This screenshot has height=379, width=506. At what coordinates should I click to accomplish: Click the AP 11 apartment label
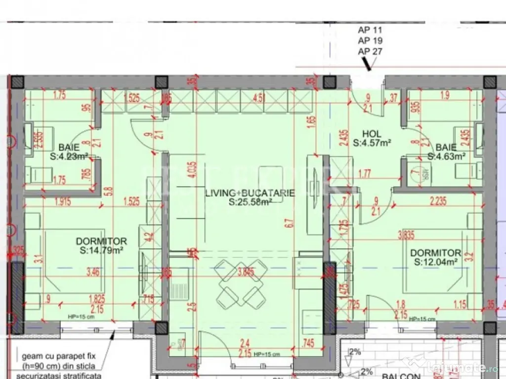click(x=370, y=30)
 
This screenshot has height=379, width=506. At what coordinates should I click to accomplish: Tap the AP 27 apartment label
click(x=370, y=51)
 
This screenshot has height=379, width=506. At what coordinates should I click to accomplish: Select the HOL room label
click(x=372, y=134)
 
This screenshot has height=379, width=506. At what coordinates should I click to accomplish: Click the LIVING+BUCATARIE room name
click(x=250, y=193)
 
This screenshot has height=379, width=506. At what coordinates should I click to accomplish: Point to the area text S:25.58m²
click(x=250, y=202)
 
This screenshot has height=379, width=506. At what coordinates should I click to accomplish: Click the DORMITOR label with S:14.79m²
click(x=101, y=241)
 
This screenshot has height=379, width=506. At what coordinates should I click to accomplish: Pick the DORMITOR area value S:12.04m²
click(x=436, y=261)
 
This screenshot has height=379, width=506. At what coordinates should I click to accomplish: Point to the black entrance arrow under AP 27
click(x=367, y=64)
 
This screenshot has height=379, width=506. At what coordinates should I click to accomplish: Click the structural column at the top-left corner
click(x=18, y=82)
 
